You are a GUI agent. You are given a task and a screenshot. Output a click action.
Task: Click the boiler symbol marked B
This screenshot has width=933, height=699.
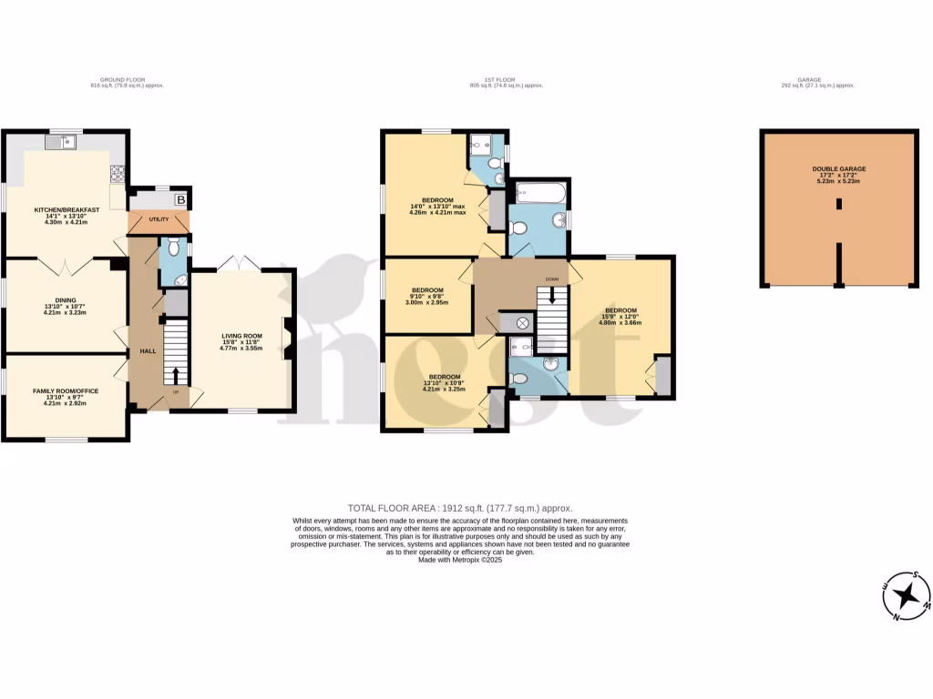(180, 199)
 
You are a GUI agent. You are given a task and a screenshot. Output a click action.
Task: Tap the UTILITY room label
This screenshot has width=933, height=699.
(159, 220)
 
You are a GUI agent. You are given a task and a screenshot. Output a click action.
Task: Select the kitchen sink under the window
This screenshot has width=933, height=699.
(63, 142)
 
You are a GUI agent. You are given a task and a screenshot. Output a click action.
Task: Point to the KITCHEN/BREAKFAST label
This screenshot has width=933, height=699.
(67, 210)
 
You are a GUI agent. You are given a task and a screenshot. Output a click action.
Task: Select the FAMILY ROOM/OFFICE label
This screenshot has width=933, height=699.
(65, 390)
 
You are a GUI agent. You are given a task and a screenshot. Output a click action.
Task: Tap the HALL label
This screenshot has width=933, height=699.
(147, 350)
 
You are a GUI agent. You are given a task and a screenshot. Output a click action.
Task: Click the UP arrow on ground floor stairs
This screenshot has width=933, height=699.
(177, 376)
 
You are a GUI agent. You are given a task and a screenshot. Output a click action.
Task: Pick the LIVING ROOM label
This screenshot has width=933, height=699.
(241, 337)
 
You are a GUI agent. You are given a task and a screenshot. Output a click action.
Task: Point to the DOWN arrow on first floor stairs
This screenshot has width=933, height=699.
(551, 296)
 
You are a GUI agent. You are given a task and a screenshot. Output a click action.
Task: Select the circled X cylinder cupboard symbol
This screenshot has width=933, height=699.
(523, 322)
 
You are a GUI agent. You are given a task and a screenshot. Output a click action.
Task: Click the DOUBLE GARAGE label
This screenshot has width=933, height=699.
(839, 169)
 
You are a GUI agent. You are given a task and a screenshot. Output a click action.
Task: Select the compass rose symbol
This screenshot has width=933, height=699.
(907, 597)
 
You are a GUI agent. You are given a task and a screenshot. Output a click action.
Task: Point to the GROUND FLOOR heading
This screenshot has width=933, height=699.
(122, 80)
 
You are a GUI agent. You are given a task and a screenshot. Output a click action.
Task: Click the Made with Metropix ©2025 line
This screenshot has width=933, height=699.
(460, 560)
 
